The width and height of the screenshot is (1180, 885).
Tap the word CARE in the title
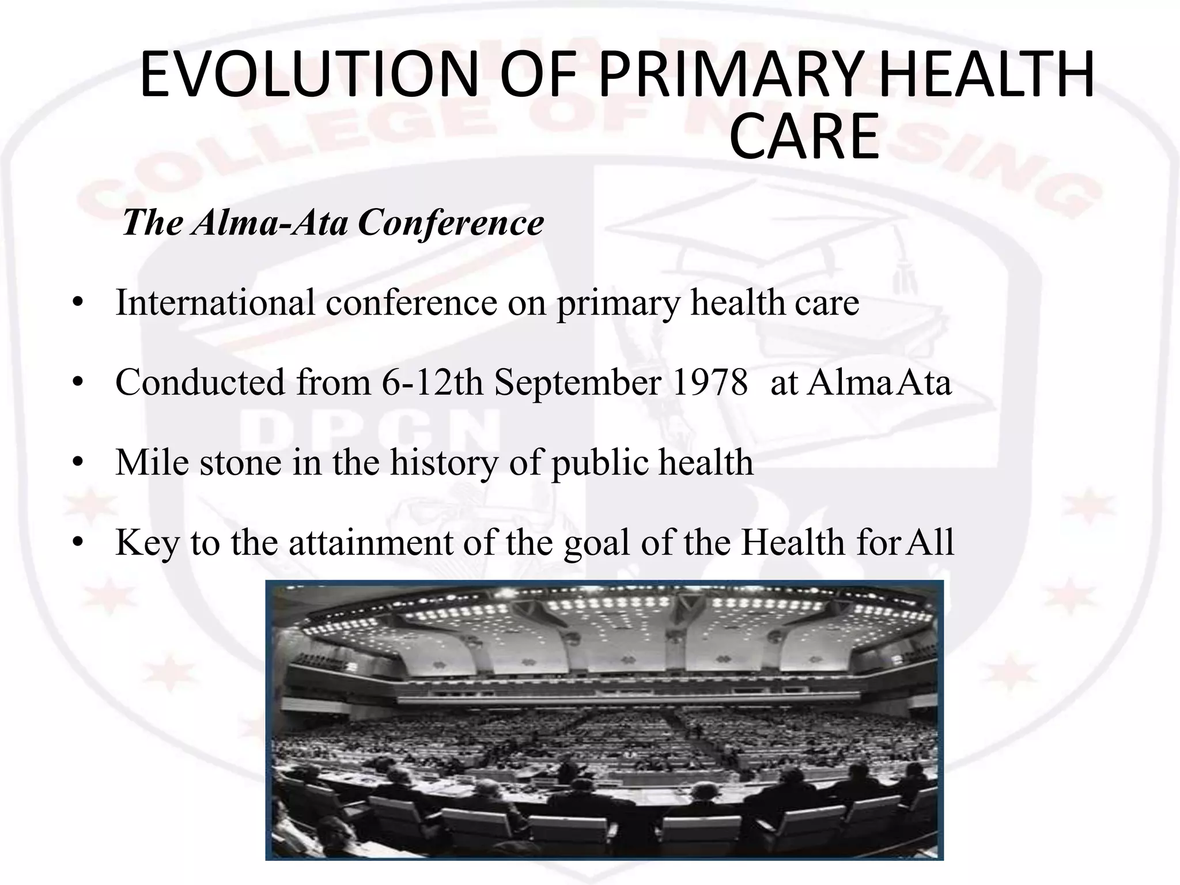804,137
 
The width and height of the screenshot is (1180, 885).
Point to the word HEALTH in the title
987,75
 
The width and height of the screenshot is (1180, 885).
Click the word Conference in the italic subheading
451,222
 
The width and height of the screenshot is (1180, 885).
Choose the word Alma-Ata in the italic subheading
270,222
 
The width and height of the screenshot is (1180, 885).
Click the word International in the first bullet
215,302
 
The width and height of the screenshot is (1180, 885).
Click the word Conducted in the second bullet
200,382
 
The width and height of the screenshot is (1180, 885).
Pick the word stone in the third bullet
240,463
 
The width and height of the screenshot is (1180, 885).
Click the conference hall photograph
604,720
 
